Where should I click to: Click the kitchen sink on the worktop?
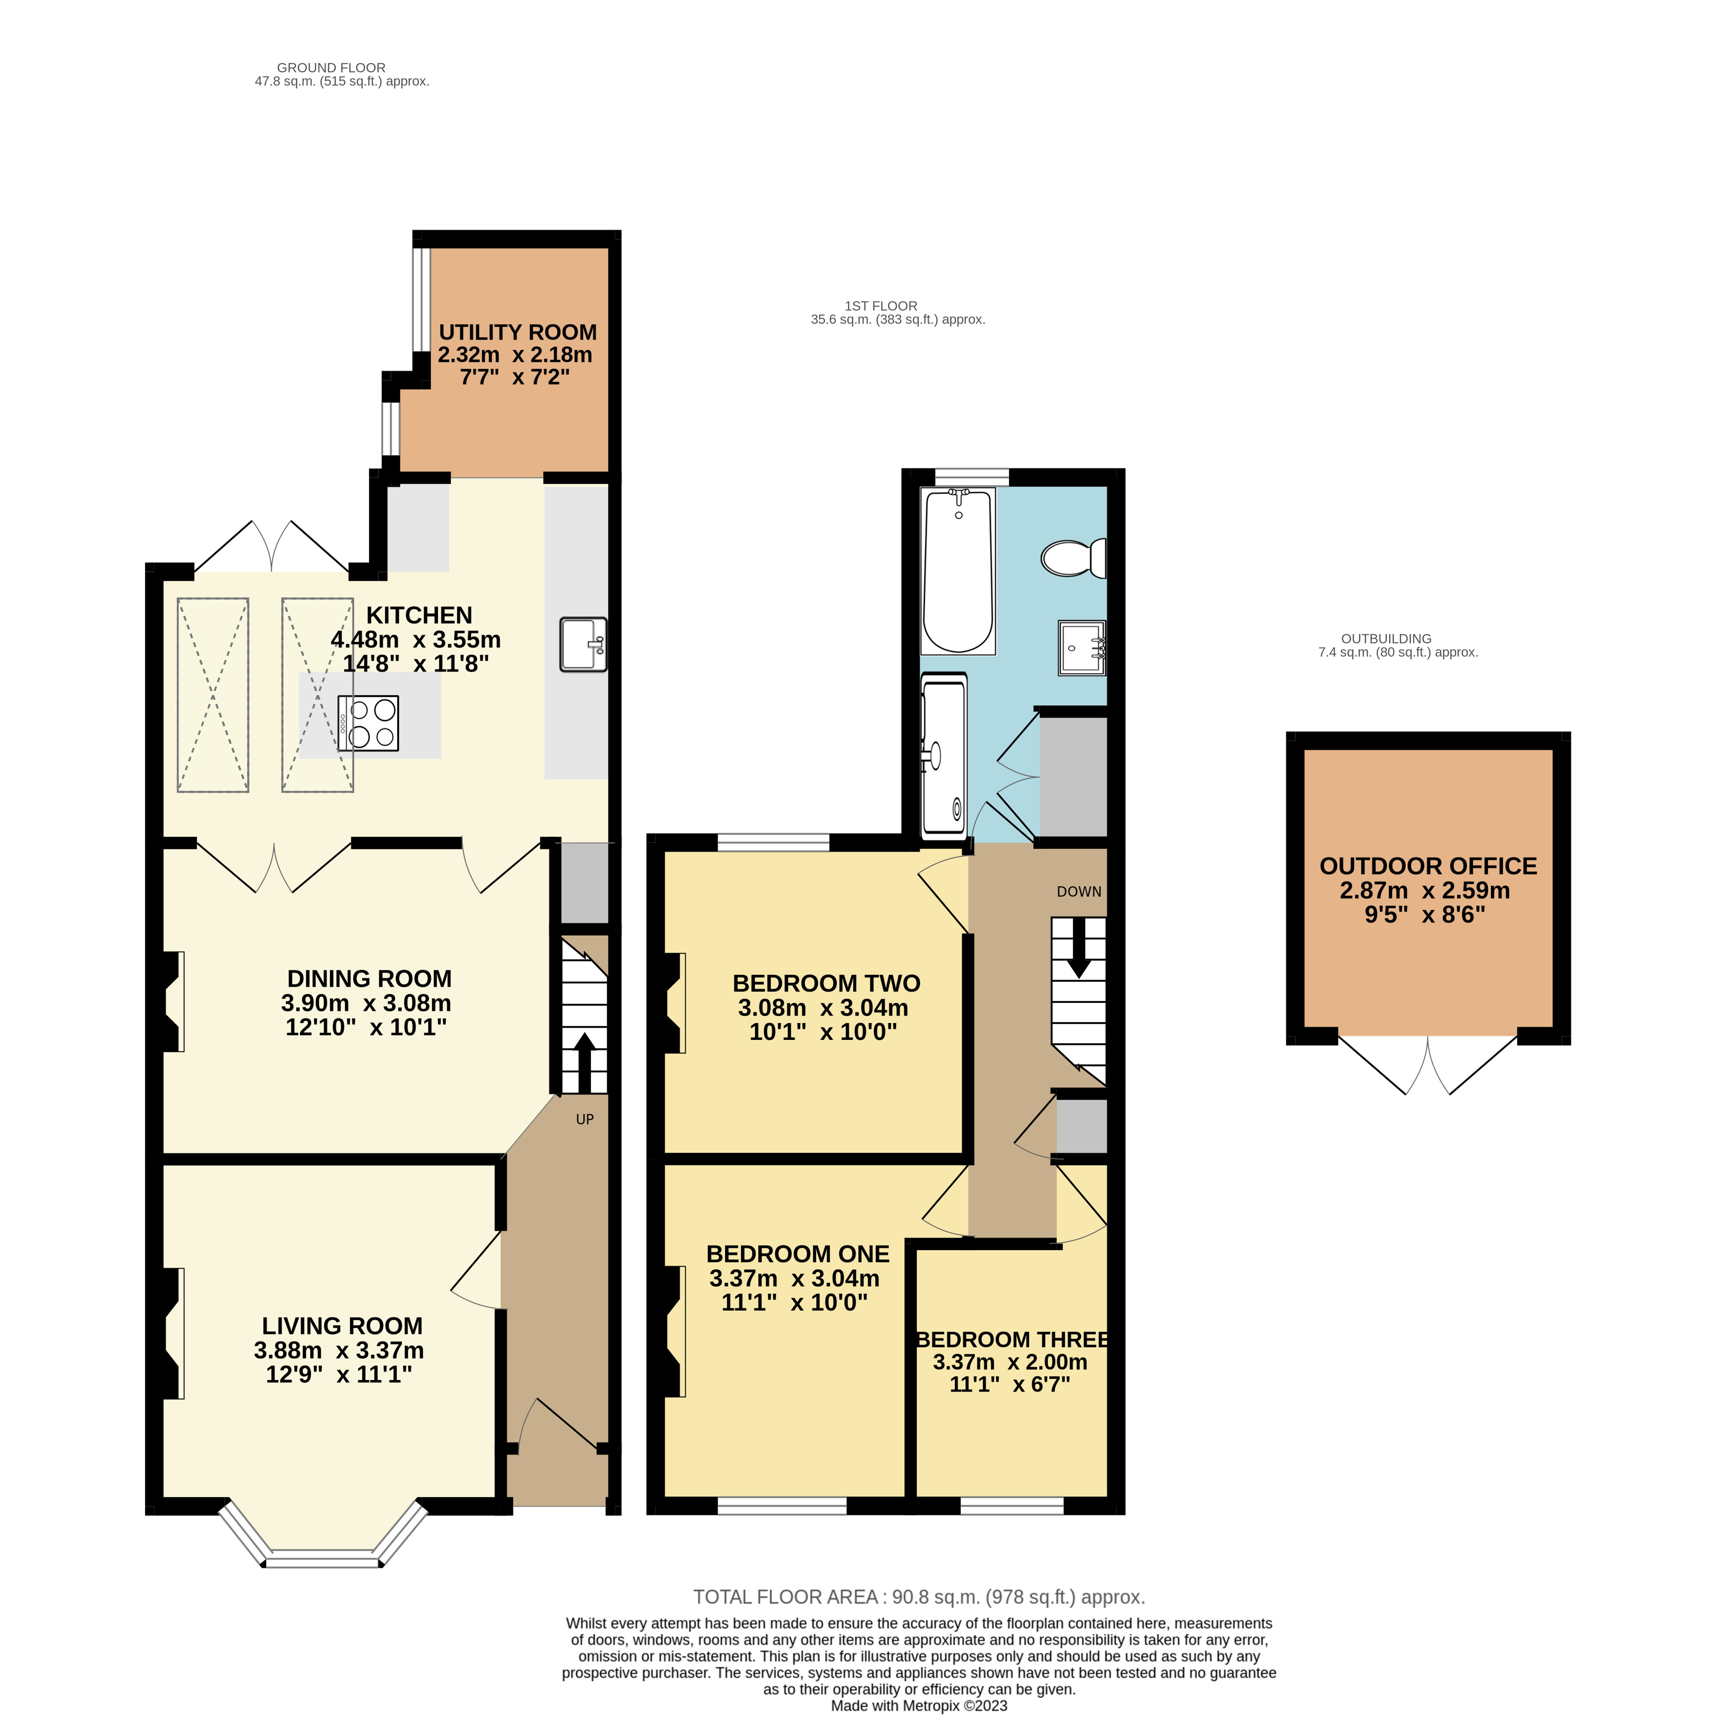pyautogui.click(x=583, y=644)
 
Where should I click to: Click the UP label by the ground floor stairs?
pyautogui.click(x=585, y=1119)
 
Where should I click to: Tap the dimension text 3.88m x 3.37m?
pyautogui.click(x=339, y=1350)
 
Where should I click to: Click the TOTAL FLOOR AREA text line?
pyautogui.click(x=918, y=1597)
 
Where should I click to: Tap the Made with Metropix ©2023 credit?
pyautogui.click(x=918, y=1705)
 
